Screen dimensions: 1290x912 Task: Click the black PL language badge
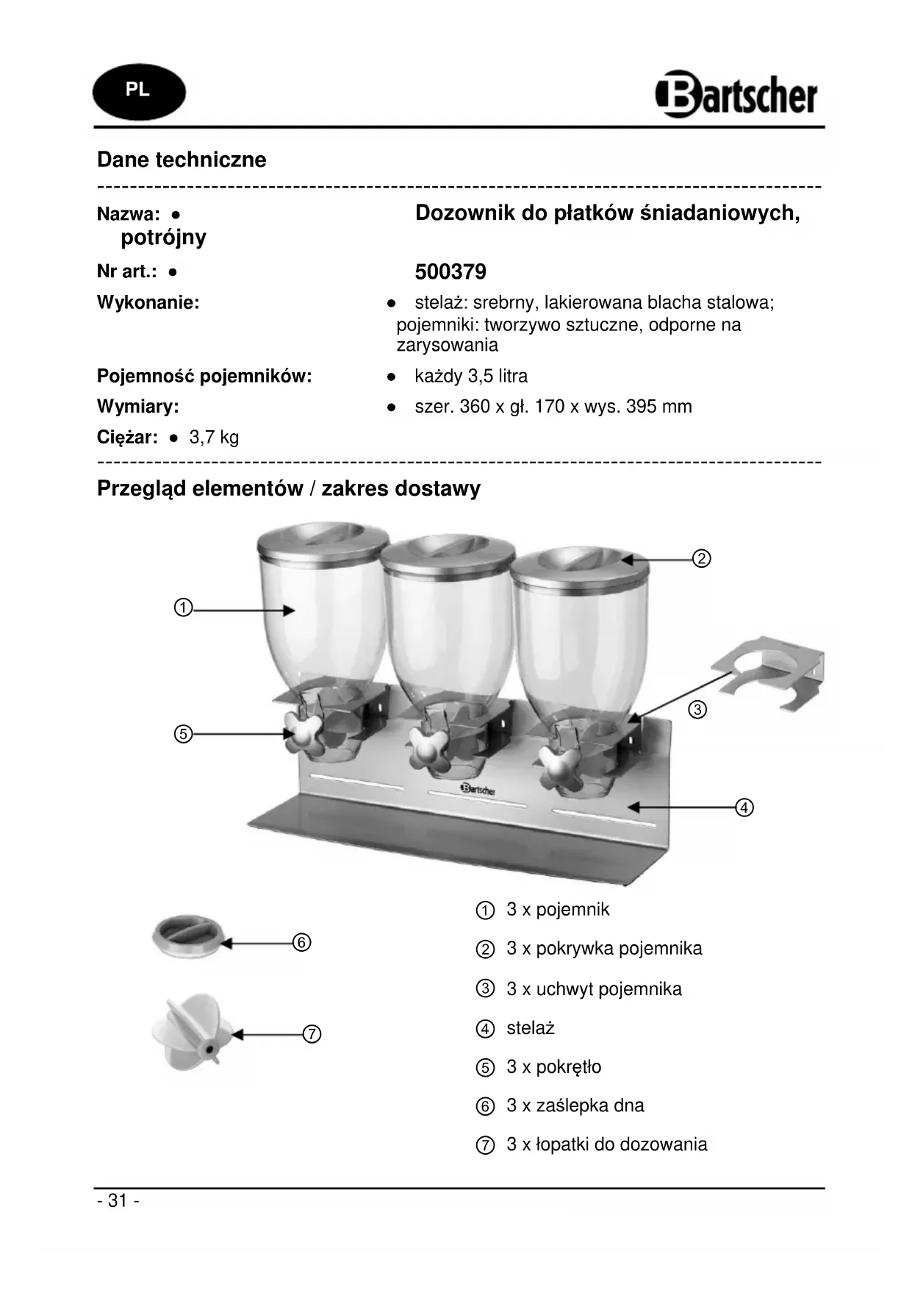click(139, 91)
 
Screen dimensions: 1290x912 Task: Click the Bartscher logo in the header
click(736, 95)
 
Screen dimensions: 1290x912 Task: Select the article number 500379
click(450, 272)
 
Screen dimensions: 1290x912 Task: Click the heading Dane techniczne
click(182, 160)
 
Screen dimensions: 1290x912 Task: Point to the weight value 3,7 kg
click(214, 438)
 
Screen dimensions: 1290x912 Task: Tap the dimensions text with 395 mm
click(553, 407)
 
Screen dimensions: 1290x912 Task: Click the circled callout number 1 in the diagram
click(183, 608)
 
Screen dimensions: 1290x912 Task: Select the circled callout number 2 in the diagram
click(702, 559)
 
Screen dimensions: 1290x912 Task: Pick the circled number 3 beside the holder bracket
click(697, 710)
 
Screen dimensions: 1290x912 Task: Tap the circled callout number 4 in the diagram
click(744, 808)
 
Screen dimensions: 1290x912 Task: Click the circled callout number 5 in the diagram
click(183, 733)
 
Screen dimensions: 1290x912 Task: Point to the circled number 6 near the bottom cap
click(301, 942)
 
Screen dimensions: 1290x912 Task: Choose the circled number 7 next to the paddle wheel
click(312, 1034)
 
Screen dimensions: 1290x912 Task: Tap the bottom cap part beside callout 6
click(187, 937)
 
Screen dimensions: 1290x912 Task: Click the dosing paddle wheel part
click(190, 1032)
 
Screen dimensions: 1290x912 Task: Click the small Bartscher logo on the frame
click(478, 789)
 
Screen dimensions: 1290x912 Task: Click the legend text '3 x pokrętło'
click(553, 1067)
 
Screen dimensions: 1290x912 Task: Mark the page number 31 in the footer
click(118, 1201)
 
